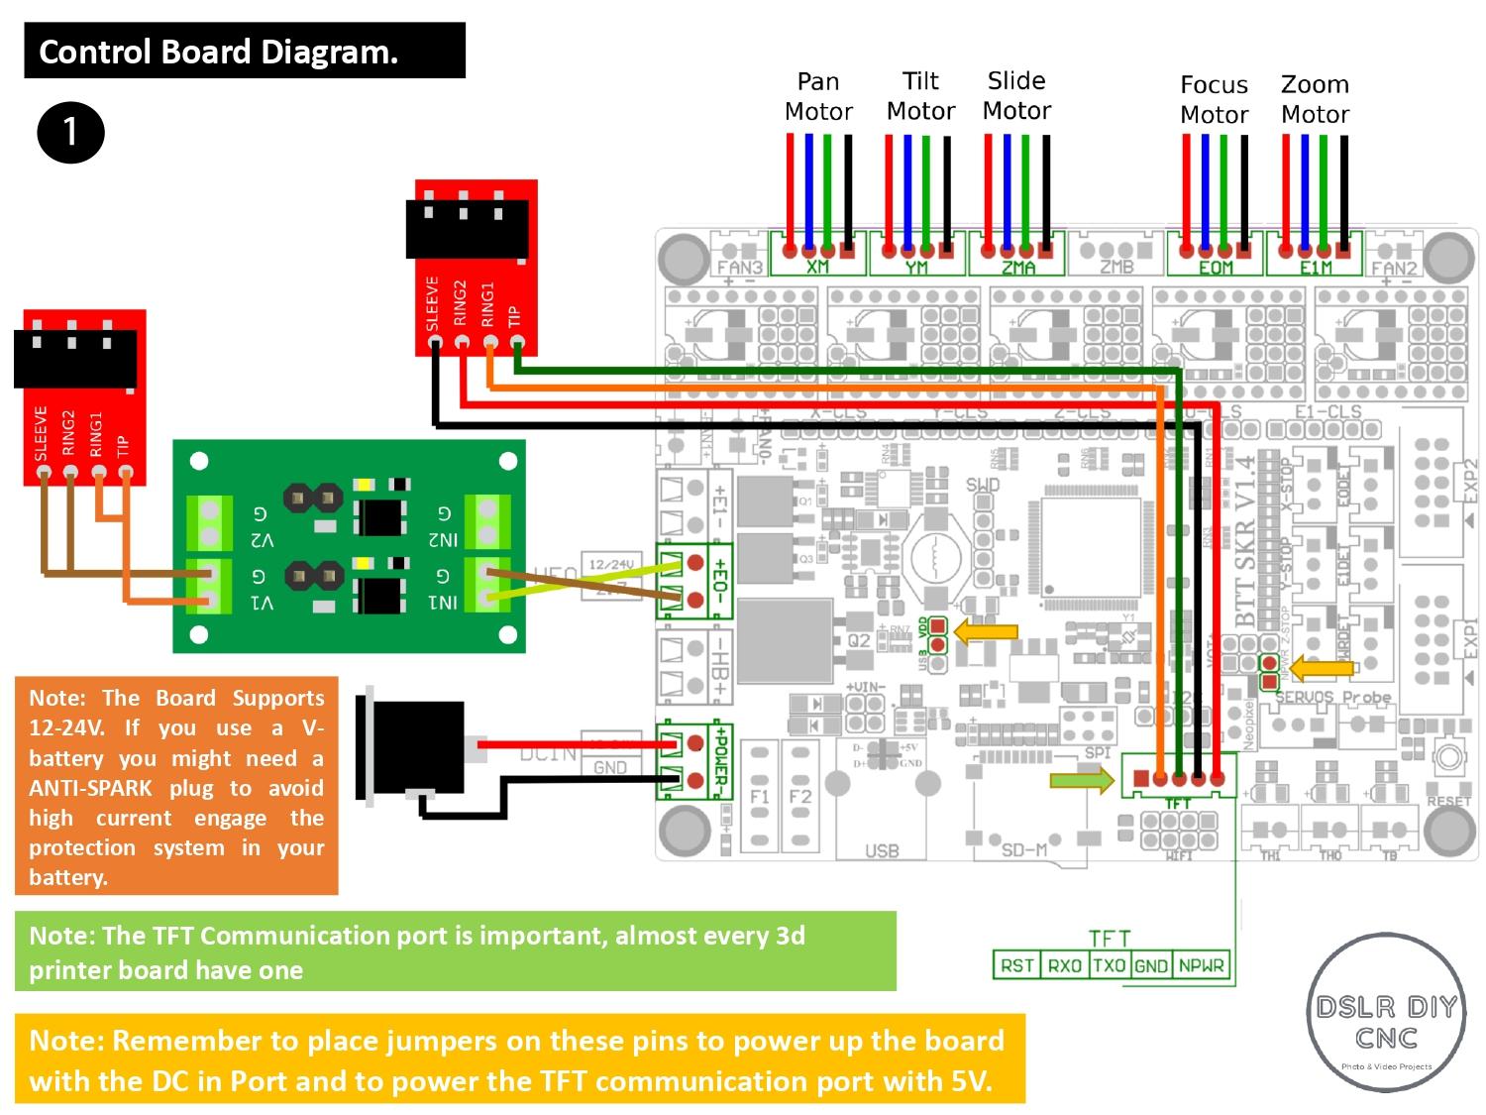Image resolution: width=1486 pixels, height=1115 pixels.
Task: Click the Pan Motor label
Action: coord(818,97)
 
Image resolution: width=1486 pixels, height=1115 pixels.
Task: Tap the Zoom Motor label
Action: coord(1315,99)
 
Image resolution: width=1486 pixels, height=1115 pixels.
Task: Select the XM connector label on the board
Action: coord(817,267)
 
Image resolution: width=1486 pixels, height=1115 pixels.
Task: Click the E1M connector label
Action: coord(1316,268)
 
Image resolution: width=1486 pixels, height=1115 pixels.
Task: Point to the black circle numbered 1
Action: coord(70,132)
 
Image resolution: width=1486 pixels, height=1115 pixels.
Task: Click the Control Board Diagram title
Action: coord(219,52)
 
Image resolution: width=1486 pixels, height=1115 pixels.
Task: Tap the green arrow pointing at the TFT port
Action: coord(1081,780)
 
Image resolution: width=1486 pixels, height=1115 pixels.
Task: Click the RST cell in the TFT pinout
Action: coord(1017,965)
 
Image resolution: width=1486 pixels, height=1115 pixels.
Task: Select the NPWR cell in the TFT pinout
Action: coord(1201,965)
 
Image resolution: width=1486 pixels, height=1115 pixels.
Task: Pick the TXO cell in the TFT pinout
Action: coord(1109,965)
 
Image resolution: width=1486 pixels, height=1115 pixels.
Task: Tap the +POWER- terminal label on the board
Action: coord(721,760)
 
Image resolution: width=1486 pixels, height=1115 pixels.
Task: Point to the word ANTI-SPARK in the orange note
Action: coord(91,788)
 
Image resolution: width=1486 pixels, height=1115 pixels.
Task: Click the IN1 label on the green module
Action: coord(443,601)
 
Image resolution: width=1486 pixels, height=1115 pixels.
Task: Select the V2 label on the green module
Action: coord(262,540)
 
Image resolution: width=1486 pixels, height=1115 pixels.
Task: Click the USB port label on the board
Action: coord(881,850)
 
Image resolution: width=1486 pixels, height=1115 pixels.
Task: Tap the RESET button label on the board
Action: coord(1448,800)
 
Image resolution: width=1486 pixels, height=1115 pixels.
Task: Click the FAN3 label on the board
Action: coord(740,267)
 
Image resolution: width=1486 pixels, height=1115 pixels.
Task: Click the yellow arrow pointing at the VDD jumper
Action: coord(986,632)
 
